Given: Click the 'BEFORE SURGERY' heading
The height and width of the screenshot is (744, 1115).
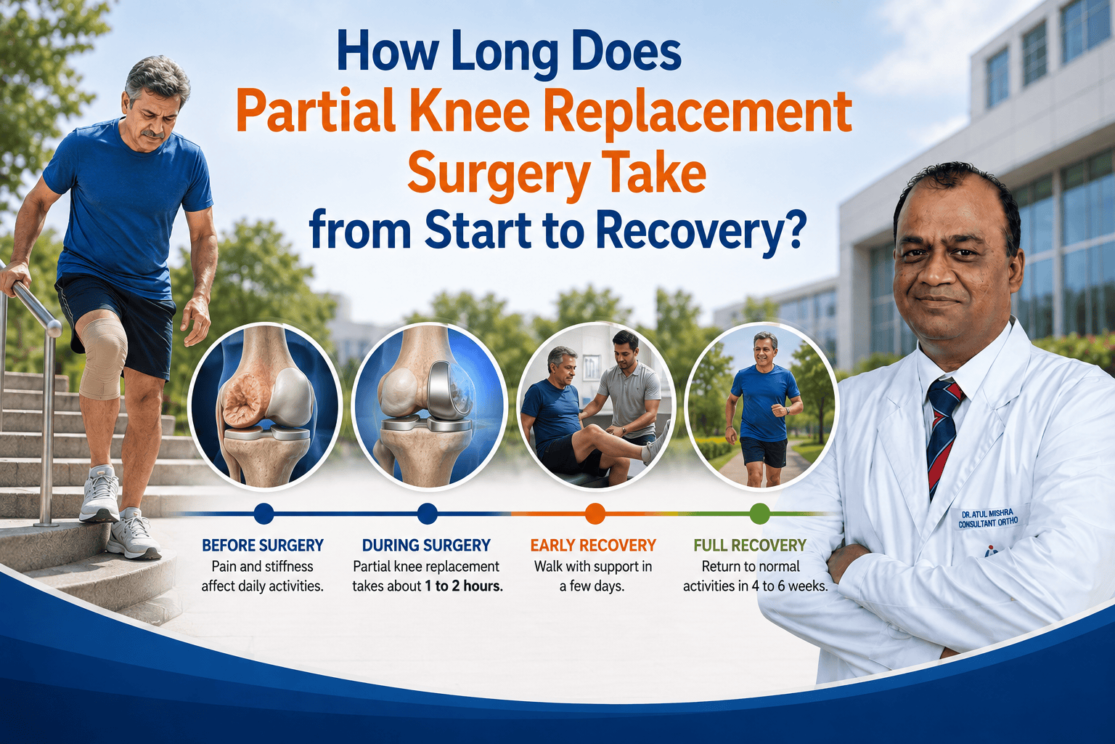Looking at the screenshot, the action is (x=263, y=545).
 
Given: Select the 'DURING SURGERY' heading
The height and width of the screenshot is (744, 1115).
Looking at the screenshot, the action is (x=427, y=545).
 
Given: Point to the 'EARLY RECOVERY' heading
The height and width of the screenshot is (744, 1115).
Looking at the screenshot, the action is (x=593, y=545).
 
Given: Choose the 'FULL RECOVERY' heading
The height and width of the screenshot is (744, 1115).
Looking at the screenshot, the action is (x=750, y=545).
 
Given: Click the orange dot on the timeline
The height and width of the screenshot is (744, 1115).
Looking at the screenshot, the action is (x=595, y=513).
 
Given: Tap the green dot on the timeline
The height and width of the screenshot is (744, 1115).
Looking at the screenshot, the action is (x=759, y=513).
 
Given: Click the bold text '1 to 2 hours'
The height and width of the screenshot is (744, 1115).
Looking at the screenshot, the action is (x=463, y=586).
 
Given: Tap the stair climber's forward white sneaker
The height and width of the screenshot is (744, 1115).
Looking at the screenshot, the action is (x=99, y=493).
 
